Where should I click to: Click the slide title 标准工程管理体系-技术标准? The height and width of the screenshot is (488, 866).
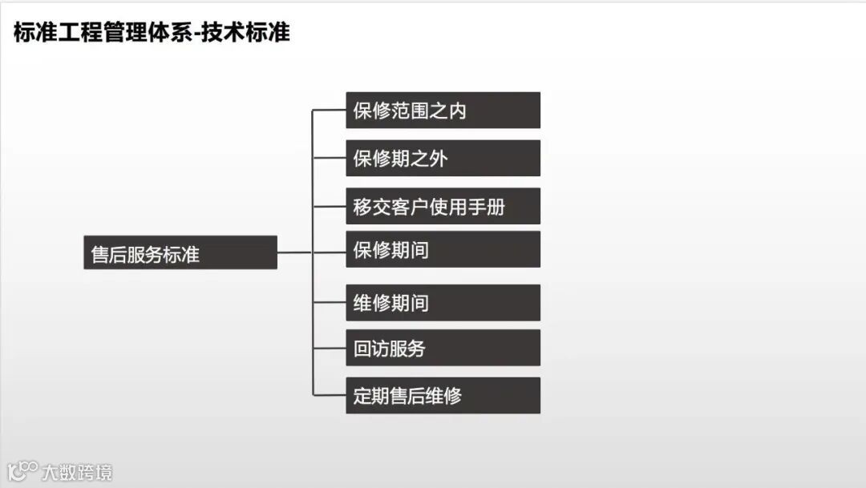(152, 33)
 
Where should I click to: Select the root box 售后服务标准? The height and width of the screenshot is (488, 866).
(180, 252)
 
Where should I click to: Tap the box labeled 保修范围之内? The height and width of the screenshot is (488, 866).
(443, 111)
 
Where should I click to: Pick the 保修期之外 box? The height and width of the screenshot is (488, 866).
(443, 158)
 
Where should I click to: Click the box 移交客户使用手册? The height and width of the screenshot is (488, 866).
(443, 206)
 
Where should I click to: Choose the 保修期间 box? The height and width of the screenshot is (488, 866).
(443, 250)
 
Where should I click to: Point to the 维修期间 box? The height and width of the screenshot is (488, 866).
(443, 303)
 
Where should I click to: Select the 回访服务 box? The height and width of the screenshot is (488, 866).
(443, 348)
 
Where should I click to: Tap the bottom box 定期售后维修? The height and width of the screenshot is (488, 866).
(443, 395)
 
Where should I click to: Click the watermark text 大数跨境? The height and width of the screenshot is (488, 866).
(78, 471)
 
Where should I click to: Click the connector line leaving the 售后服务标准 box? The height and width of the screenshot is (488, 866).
(294, 252)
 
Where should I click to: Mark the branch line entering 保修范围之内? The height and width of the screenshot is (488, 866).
(329, 111)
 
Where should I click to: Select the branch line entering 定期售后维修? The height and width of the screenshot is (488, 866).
(329, 395)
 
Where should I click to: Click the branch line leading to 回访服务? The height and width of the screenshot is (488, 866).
(329, 348)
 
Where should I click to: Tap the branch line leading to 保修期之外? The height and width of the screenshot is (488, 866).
(329, 158)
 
